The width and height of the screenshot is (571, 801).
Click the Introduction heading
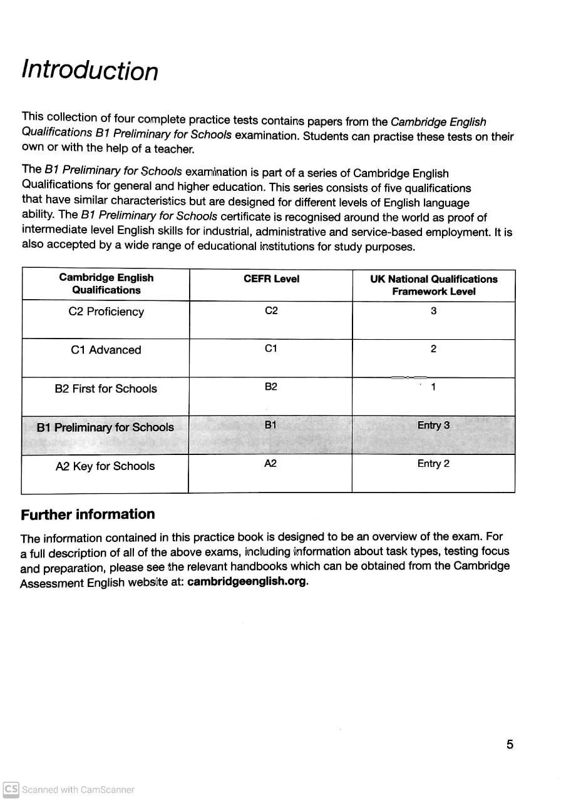(x=90, y=70)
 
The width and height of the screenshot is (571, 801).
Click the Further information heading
(x=88, y=514)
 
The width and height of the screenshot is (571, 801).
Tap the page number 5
(x=510, y=745)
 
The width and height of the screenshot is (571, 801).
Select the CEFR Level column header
(x=271, y=279)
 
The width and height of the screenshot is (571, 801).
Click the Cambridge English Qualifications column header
(x=106, y=284)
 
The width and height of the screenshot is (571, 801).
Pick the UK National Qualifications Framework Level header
(x=433, y=285)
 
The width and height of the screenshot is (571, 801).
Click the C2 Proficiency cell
(x=106, y=312)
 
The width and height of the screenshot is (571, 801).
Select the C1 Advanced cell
(x=106, y=350)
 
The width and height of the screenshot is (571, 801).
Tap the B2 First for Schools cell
(x=106, y=389)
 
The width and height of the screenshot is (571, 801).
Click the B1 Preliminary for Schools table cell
(x=105, y=427)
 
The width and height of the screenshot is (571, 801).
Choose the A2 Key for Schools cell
(x=105, y=466)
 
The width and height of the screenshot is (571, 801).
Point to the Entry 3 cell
(x=433, y=426)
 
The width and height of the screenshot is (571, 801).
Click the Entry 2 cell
(x=433, y=464)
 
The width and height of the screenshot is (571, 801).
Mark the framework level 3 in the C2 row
(x=433, y=310)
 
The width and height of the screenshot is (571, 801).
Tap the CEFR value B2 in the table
(x=270, y=387)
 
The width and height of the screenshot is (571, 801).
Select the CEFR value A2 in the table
(x=270, y=464)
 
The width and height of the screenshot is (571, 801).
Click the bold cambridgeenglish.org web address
(x=247, y=581)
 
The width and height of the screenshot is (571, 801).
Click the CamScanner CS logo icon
(x=11, y=789)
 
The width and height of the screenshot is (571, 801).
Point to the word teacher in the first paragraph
(x=175, y=149)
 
